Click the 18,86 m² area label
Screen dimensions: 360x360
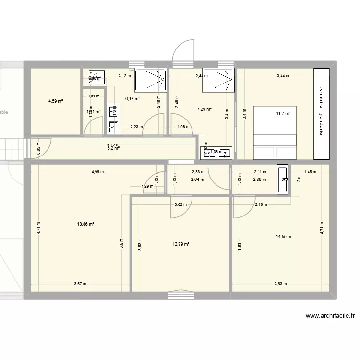pos(85,224)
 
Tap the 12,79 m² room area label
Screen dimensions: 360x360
pos(181,244)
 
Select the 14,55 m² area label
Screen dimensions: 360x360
pos(284,236)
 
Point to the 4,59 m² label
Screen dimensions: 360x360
pos(56,101)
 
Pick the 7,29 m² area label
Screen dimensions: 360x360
pos(204,109)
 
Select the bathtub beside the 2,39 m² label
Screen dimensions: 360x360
pos(283,180)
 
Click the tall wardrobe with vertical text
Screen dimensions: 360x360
pos(321,114)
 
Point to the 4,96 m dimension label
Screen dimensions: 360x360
pos(98,171)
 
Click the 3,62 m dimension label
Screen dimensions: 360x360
pos(180,205)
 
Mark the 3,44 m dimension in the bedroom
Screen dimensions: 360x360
pos(283,76)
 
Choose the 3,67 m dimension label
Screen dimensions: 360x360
pos(81,284)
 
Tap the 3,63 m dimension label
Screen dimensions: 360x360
pos(281,284)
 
